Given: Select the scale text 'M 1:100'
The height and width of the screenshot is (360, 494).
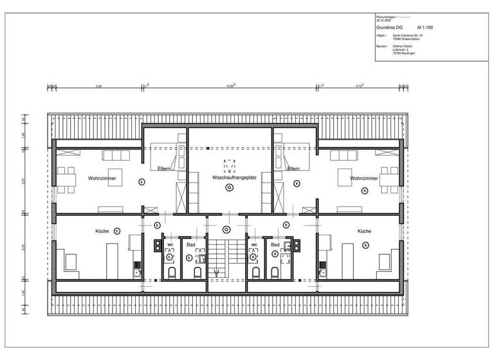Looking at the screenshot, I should click(427, 28).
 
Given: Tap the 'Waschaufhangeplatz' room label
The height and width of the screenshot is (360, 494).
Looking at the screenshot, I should click(230, 177).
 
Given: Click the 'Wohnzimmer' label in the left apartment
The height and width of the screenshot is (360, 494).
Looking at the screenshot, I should click(93, 177).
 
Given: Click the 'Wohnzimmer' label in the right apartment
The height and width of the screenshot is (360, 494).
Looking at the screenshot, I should click(363, 177).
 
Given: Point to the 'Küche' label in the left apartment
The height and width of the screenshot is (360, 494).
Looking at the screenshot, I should click(102, 230).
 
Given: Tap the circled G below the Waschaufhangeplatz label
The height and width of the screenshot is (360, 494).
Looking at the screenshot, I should click(229, 188).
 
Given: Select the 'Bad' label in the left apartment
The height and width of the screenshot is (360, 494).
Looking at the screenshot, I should click(190, 245).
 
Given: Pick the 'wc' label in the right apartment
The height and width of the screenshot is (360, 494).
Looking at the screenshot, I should click(254, 245).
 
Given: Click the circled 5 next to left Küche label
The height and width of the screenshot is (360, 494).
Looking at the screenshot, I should click(116, 230).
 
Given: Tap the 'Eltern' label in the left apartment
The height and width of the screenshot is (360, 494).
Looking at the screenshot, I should click(165, 168).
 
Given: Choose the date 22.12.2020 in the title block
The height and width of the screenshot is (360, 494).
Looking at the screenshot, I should click(383, 20).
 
